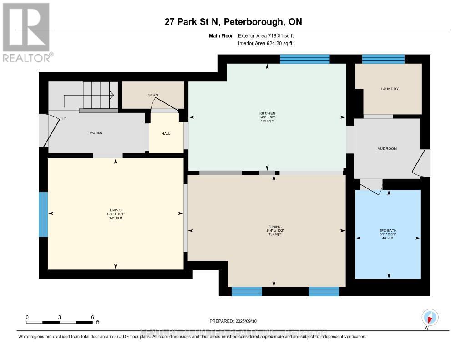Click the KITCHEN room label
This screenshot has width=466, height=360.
267,113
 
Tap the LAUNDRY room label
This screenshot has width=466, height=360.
390,89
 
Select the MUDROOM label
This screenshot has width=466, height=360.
387,149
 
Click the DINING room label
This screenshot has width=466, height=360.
275,227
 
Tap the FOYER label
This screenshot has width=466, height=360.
96,133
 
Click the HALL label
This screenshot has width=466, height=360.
166,134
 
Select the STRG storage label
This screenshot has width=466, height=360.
152,95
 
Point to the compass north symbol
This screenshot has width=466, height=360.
430,318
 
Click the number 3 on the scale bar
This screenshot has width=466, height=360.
60,317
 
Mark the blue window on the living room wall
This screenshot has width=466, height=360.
43,214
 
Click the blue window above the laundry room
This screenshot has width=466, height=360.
383,59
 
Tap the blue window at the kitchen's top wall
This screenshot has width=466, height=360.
304,59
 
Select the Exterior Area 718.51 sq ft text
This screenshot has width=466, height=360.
269,35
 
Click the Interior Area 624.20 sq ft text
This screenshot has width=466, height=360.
265,43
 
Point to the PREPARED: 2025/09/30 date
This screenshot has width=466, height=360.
233,321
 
